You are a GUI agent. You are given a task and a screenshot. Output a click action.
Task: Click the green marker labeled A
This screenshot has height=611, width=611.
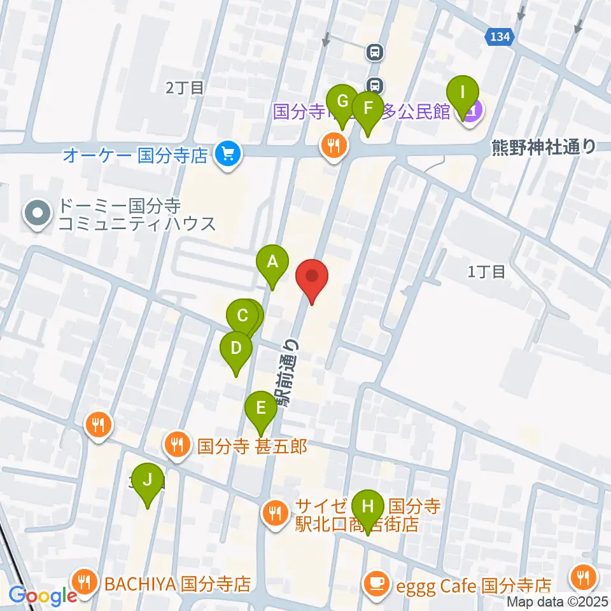[x=272, y=262]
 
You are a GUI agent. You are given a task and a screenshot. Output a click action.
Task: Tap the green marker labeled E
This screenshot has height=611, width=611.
[x=260, y=407]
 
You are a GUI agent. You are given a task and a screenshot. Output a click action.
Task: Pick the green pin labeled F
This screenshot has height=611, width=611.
[x=367, y=108]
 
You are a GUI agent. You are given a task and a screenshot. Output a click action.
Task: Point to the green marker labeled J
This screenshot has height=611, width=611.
[x=148, y=479]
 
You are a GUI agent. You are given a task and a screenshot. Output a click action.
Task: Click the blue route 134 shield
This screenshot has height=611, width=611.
[x=499, y=37]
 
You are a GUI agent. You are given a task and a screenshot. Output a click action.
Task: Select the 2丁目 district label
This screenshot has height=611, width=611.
[x=185, y=88]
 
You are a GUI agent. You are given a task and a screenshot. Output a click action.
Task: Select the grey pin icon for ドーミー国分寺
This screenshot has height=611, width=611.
[x=38, y=214]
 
